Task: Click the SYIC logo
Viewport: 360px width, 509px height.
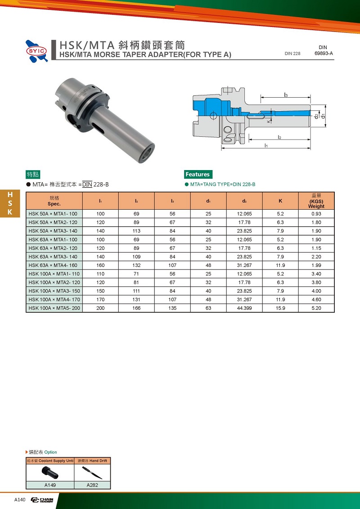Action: click(x=37, y=51)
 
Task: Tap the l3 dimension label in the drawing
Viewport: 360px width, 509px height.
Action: click(x=286, y=95)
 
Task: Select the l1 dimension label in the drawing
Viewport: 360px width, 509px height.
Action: click(x=266, y=145)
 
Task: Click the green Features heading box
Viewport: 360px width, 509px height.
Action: click(x=198, y=174)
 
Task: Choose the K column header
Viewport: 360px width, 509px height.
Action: click(x=280, y=201)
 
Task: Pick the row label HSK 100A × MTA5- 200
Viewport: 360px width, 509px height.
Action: click(x=54, y=308)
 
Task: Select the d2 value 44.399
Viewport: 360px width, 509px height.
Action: click(x=244, y=308)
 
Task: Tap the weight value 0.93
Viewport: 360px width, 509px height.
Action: click(x=316, y=214)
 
